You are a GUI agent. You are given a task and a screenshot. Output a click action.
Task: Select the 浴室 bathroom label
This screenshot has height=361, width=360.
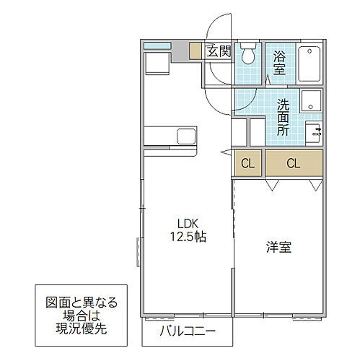(x=278, y=62)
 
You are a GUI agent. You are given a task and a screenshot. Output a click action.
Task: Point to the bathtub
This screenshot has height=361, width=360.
(x=310, y=64)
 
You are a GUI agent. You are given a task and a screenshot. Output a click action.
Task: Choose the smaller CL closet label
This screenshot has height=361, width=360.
(x=247, y=163)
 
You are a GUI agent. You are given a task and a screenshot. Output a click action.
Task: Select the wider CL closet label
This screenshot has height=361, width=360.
(x=292, y=163)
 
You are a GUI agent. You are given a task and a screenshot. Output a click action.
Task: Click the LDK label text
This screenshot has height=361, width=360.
(x=183, y=223)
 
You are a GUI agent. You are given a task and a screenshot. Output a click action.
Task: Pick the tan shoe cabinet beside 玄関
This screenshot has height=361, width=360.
(x=196, y=51)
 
